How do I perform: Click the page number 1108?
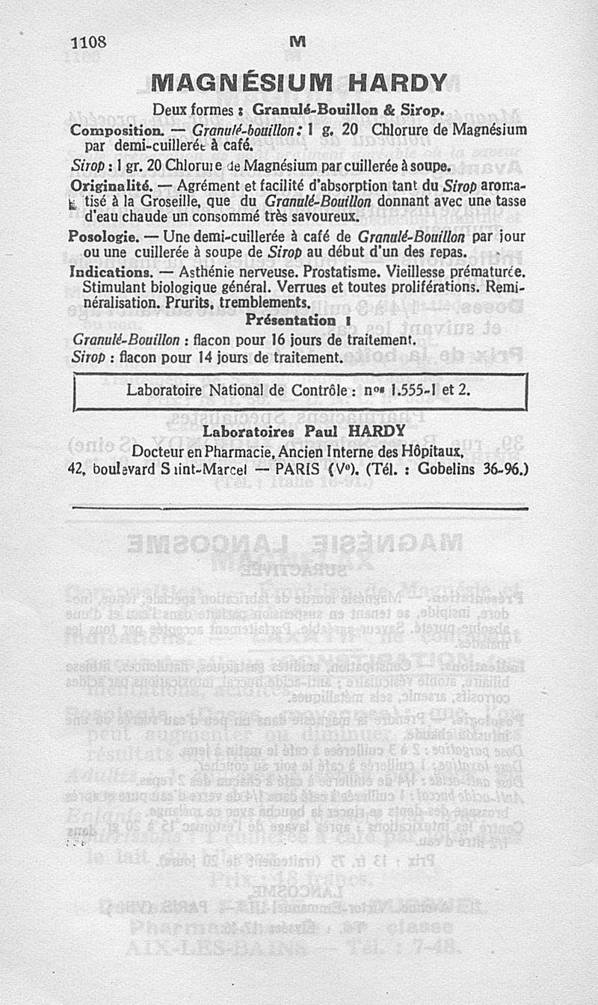point(88,43)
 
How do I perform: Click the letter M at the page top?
point(299,44)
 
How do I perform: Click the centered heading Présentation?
point(292,320)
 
